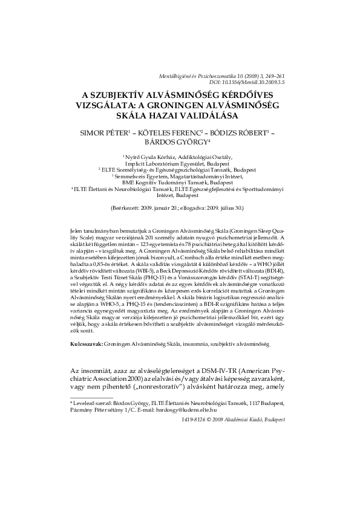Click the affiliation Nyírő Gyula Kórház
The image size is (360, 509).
[147, 156]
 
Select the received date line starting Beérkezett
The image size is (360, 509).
[180, 207]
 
